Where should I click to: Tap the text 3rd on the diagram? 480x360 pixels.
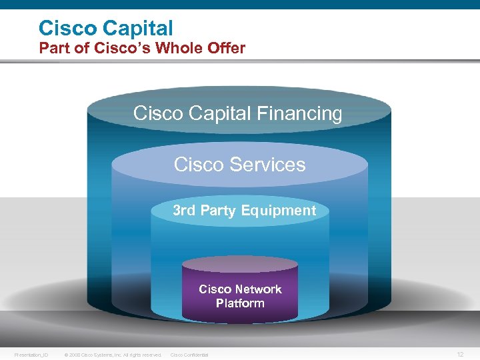(x=184, y=211)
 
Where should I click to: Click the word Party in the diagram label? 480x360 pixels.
(x=218, y=211)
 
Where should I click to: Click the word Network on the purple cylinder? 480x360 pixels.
(x=258, y=289)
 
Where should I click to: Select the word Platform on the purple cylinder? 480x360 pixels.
(x=240, y=303)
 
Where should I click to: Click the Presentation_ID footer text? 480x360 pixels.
(x=31, y=355)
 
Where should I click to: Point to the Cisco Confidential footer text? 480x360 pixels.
(x=189, y=355)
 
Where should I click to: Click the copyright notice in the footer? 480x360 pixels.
(x=113, y=355)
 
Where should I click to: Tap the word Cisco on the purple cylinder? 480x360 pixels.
(x=215, y=289)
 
